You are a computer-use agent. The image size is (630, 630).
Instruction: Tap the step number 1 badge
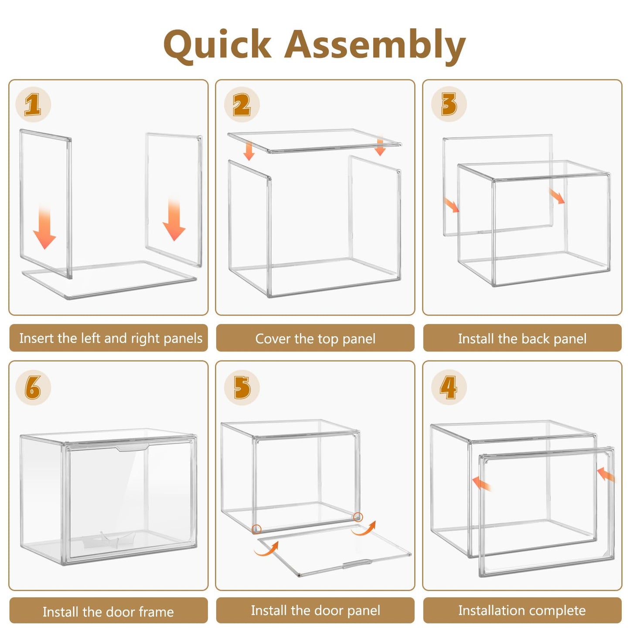[x=33, y=105]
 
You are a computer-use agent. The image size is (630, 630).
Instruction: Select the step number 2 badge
[x=242, y=105]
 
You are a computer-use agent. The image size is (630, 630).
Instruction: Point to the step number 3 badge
[x=449, y=104]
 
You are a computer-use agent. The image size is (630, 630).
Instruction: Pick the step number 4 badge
[x=449, y=388]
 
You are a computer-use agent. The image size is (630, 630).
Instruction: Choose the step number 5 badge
[x=242, y=388]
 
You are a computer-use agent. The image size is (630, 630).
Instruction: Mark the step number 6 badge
[x=33, y=388]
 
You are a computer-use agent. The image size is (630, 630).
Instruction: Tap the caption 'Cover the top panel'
[x=315, y=339]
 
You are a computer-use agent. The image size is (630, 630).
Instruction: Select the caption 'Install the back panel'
[x=522, y=339]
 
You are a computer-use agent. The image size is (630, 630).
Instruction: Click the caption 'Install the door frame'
[x=108, y=612]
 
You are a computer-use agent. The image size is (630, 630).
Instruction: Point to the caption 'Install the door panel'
[x=316, y=610]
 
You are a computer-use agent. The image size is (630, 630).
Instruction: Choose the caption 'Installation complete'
[x=522, y=610]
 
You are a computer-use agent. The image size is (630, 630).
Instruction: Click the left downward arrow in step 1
[x=44, y=227]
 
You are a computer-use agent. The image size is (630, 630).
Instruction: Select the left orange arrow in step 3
[x=452, y=205]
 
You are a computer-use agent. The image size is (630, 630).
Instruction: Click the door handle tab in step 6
[x=133, y=448]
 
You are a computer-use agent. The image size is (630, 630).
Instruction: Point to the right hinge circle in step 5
[x=358, y=517]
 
